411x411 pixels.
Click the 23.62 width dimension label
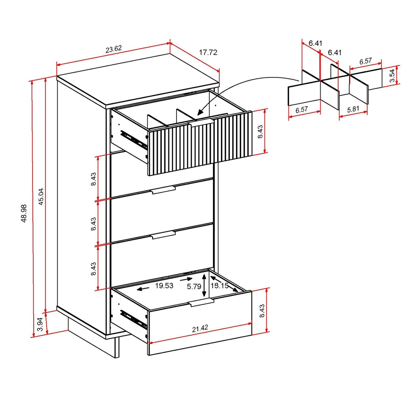[114, 49]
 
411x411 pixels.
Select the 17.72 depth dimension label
[208, 52]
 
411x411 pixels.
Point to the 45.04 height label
[41, 197]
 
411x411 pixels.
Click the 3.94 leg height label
[40, 324]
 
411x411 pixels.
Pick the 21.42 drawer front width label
[200, 328]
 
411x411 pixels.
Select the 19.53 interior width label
[164, 285]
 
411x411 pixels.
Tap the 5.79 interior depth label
[194, 287]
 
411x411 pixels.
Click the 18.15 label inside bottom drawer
[220, 285]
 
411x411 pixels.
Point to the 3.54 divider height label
[392, 75]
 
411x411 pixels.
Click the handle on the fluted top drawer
[201, 123]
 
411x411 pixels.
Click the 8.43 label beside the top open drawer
[260, 132]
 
